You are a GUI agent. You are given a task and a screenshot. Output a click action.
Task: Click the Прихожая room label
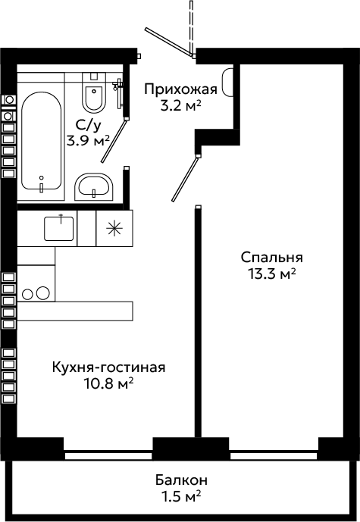[180, 89]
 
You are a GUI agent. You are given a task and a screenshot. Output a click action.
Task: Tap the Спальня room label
[272, 258]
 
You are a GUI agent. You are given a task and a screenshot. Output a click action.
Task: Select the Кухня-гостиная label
[108, 367]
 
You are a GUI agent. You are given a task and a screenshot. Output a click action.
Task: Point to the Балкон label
[181, 480]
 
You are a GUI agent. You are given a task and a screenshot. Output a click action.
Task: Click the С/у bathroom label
[88, 126]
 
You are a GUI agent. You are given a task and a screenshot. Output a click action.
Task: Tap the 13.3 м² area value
[271, 274]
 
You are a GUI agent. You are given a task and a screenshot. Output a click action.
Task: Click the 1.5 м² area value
[181, 497]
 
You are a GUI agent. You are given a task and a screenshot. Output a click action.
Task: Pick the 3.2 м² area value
[180, 106]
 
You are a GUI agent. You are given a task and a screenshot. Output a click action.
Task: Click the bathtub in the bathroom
[41, 141]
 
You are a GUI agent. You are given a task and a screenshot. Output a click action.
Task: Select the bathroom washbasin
[94, 186]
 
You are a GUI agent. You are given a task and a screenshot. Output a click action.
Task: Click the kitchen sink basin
[59, 228]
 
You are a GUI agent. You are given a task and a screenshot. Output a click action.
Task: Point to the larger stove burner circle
[43, 293]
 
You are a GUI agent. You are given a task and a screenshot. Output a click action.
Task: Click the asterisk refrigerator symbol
[114, 228]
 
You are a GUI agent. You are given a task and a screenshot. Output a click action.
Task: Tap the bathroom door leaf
[114, 141]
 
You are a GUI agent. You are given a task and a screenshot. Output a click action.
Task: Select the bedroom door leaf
[185, 179]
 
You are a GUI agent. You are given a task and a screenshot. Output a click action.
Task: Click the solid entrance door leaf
[168, 42]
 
